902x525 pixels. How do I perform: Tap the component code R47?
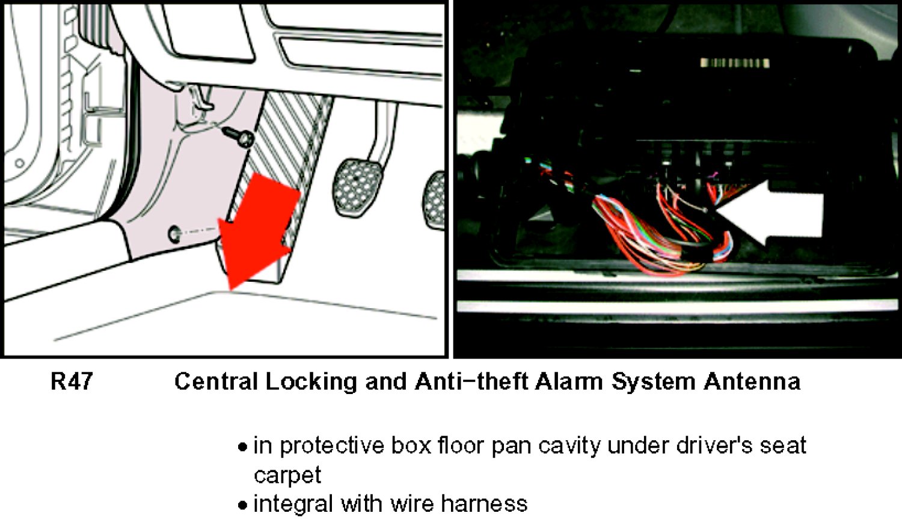pyautogui.click(x=72, y=381)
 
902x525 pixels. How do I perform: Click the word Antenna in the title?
pyautogui.click(x=752, y=381)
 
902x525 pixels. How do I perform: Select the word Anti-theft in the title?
pyautogui.click(x=471, y=381)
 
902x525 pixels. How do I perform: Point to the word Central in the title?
pyautogui.click(x=216, y=381)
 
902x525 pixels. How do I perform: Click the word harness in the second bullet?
pyautogui.click(x=485, y=503)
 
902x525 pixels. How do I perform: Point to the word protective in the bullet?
pyautogui.click(x=332, y=446)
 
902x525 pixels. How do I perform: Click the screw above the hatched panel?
pyautogui.click(x=239, y=137)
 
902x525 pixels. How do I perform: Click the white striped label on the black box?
pyautogui.click(x=735, y=63)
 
